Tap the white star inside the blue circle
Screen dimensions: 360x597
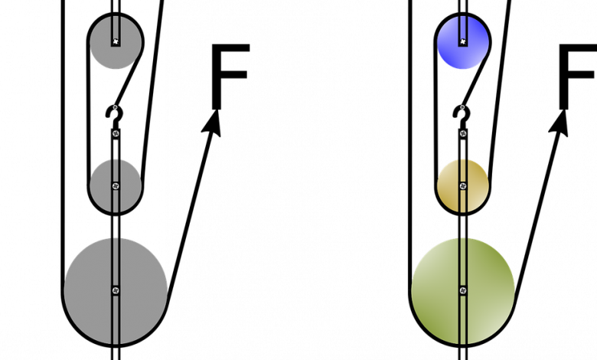pyautogui.click(x=462, y=41)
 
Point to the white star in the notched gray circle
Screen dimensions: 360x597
pyautogui.click(x=116, y=41)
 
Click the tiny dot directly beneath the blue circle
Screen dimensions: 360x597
pyautogui.click(x=462, y=107)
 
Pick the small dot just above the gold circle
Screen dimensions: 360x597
pyautogui.click(x=462, y=133)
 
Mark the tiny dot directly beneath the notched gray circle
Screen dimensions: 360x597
pyautogui.click(x=116, y=107)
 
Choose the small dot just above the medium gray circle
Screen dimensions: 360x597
pyautogui.click(x=116, y=133)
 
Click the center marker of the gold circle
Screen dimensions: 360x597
pyautogui.click(x=462, y=185)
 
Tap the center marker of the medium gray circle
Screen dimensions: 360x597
pyautogui.click(x=116, y=185)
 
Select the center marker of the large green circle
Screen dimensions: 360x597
pyautogui.click(x=462, y=290)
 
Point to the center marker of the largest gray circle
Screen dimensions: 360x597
pyautogui.click(x=116, y=290)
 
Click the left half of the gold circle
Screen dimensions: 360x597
pyautogui.click(x=448, y=185)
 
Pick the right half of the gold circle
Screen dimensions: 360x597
pyautogui.click(x=478, y=185)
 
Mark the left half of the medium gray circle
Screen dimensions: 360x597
pyautogui.click(x=101, y=185)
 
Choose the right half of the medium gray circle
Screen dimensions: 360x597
pyautogui.click(x=131, y=185)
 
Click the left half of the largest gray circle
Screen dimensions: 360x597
pyautogui.click(x=87, y=290)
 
